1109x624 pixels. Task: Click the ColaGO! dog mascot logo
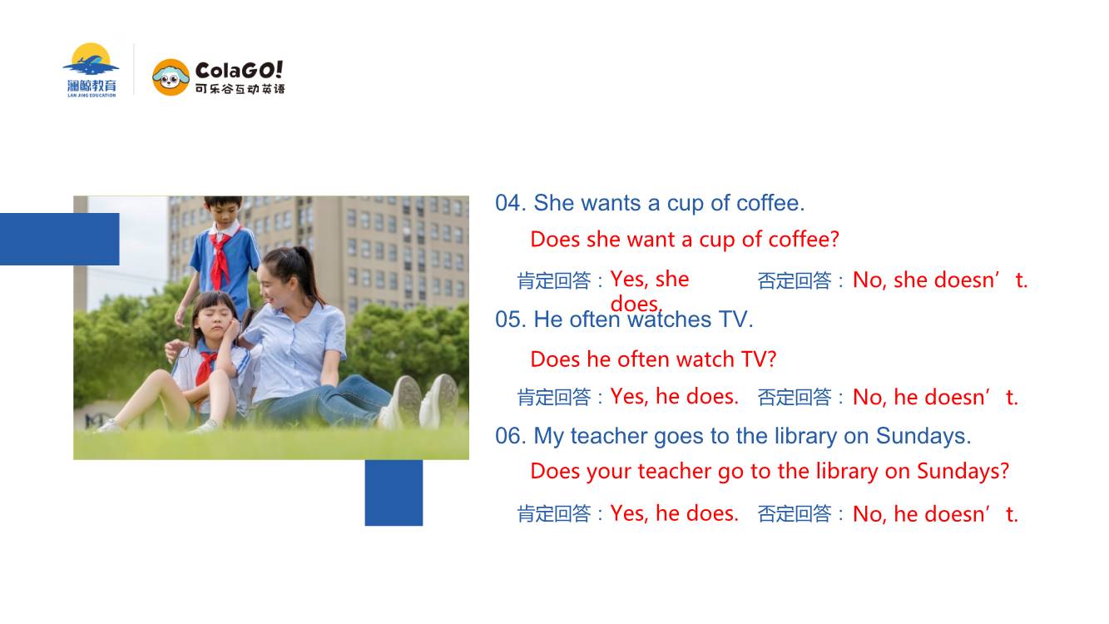(x=171, y=77)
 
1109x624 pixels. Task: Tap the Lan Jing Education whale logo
(x=91, y=70)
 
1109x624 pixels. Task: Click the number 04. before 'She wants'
(x=511, y=203)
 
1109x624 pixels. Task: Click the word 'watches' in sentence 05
(x=669, y=319)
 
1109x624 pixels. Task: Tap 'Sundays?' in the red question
(x=963, y=472)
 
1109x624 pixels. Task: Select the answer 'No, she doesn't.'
(x=940, y=280)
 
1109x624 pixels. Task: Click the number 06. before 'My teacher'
(x=511, y=436)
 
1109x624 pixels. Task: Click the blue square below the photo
(x=394, y=493)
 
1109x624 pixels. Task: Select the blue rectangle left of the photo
(x=59, y=240)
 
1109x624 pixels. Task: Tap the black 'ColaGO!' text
(x=239, y=70)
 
